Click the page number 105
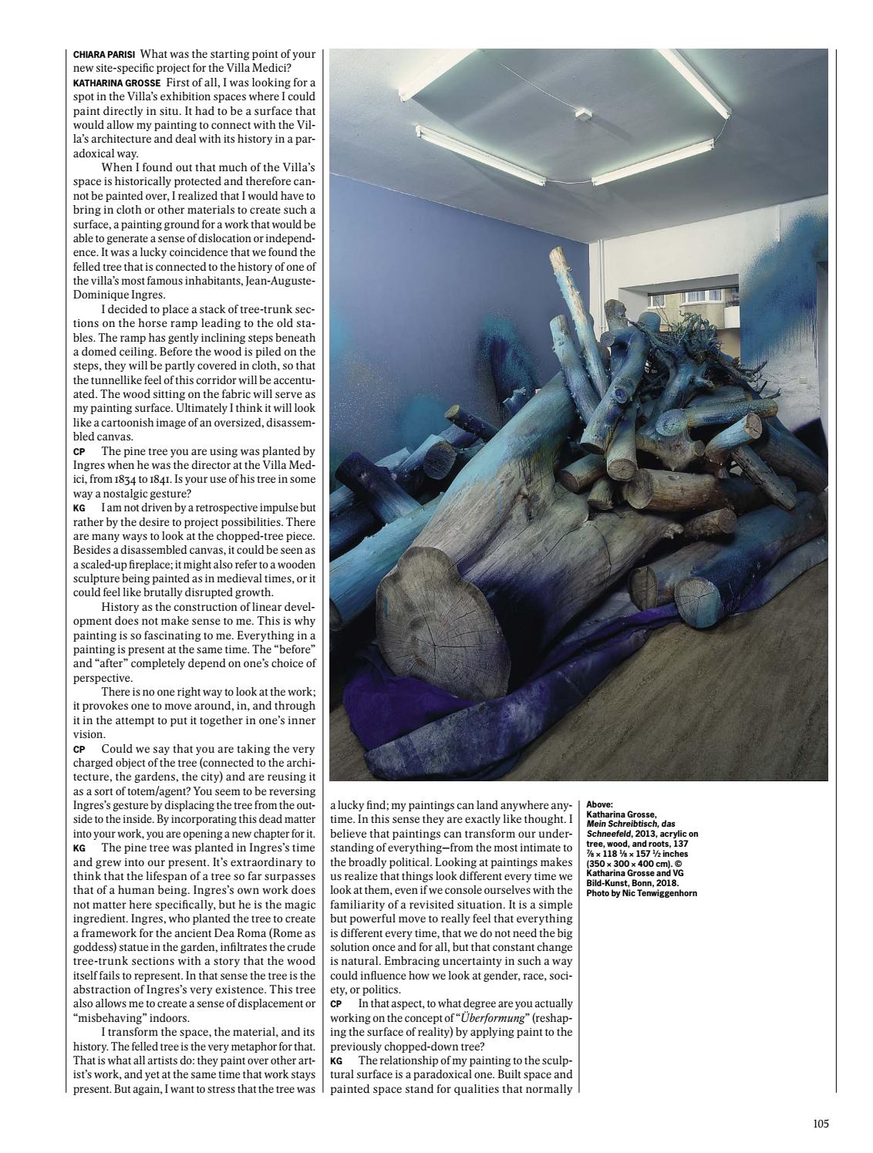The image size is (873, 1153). click(x=820, y=1124)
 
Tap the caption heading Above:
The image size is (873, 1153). click(x=600, y=804)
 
